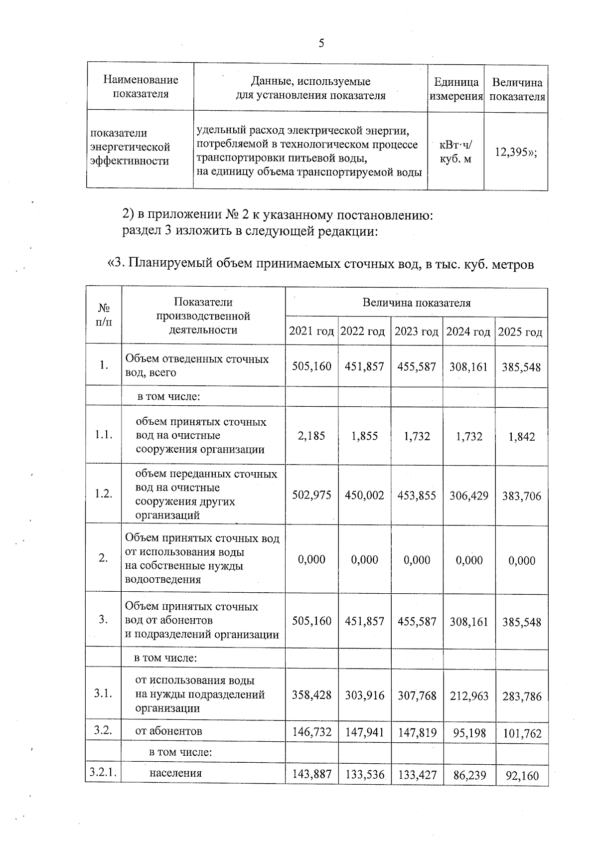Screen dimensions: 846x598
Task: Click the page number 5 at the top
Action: (x=321, y=43)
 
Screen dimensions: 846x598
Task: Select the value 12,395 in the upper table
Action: (x=515, y=152)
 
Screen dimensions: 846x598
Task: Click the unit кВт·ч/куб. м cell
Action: (x=455, y=152)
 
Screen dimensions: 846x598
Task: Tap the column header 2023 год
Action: (x=416, y=332)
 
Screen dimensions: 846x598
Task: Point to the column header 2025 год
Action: (x=520, y=332)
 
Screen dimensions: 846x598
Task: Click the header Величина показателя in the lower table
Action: (x=416, y=303)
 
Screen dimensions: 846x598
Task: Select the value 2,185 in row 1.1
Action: (x=311, y=436)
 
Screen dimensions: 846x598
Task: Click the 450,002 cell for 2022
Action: (x=364, y=496)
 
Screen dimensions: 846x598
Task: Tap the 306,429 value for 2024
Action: (x=468, y=496)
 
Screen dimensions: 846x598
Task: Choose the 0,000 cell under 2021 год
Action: (x=311, y=560)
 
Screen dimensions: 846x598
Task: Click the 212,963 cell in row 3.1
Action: (x=468, y=695)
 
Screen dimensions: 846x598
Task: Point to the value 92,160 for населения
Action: (x=522, y=776)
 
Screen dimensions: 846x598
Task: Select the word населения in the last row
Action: (x=175, y=773)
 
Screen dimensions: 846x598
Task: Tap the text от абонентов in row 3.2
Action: (x=169, y=731)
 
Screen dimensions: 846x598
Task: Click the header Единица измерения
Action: (x=456, y=89)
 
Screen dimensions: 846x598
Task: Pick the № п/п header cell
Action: (x=104, y=315)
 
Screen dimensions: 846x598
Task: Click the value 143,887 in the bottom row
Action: (x=311, y=775)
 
